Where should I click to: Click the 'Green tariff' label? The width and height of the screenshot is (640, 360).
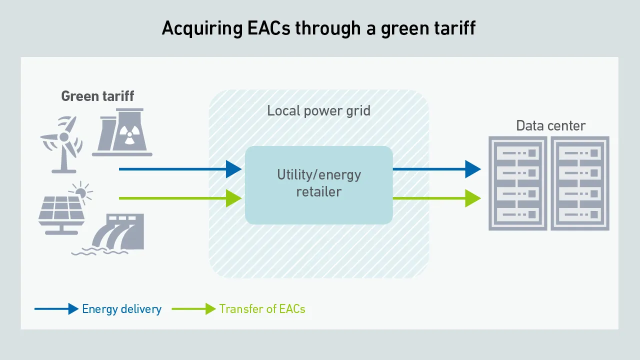pyautogui.click(x=97, y=96)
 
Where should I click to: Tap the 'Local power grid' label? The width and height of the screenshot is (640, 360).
pyautogui.click(x=318, y=110)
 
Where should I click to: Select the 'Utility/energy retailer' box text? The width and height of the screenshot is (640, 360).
pyautogui.click(x=319, y=183)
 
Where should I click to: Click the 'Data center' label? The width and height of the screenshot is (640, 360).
pyautogui.click(x=550, y=125)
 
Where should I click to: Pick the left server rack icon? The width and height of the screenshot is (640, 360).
pyautogui.click(x=518, y=183)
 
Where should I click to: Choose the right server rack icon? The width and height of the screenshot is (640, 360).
pyautogui.click(x=580, y=183)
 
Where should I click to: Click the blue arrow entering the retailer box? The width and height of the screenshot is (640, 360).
pyautogui.click(x=180, y=169)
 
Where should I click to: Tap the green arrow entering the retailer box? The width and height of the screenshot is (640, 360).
pyautogui.click(x=180, y=198)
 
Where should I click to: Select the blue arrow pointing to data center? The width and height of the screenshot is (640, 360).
pyautogui.click(x=436, y=169)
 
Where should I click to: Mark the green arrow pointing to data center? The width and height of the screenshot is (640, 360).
pyautogui.click(x=436, y=198)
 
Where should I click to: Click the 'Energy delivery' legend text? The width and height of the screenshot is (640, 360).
pyautogui.click(x=121, y=309)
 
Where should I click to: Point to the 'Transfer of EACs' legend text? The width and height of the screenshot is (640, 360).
pyautogui.click(x=262, y=309)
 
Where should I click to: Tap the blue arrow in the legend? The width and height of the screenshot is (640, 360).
pyautogui.click(x=56, y=309)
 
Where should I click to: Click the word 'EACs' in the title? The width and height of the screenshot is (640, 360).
pyautogui.click(x=268, y=28)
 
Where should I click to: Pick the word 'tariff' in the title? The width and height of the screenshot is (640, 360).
pyautogui.click(x=453, y=28)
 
